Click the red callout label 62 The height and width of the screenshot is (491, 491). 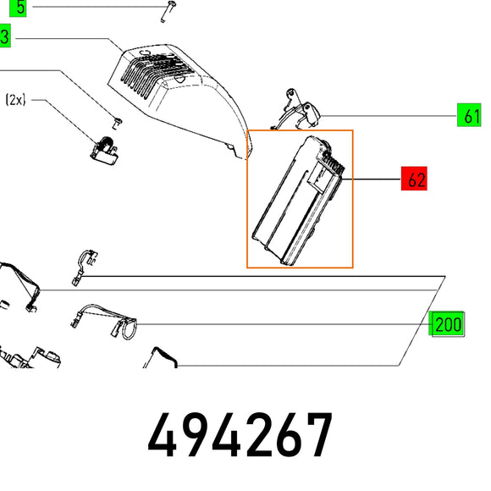pos(414,179)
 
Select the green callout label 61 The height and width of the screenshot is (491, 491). pos(469,115)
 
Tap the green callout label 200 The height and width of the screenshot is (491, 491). pos(446,323)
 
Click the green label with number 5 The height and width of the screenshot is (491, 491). pos(18,8)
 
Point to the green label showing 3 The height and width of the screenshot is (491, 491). pos(5,36)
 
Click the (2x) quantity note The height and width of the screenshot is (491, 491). pos(15,100)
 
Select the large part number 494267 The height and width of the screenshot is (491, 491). pos(240,435)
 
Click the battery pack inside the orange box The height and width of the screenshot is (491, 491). pos(299,201)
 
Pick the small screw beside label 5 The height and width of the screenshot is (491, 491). pos(168,11)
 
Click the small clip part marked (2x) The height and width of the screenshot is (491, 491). pos(104,151)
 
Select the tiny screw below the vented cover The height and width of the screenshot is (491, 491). pos(117,123)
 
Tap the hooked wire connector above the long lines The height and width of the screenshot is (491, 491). pos(83,267)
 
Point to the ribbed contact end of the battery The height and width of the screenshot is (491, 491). pos(334,163)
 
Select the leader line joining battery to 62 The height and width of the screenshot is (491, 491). pos(372,179)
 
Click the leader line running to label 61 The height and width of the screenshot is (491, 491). pos(389,116)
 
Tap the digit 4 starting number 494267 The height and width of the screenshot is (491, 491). pos(163,435)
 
